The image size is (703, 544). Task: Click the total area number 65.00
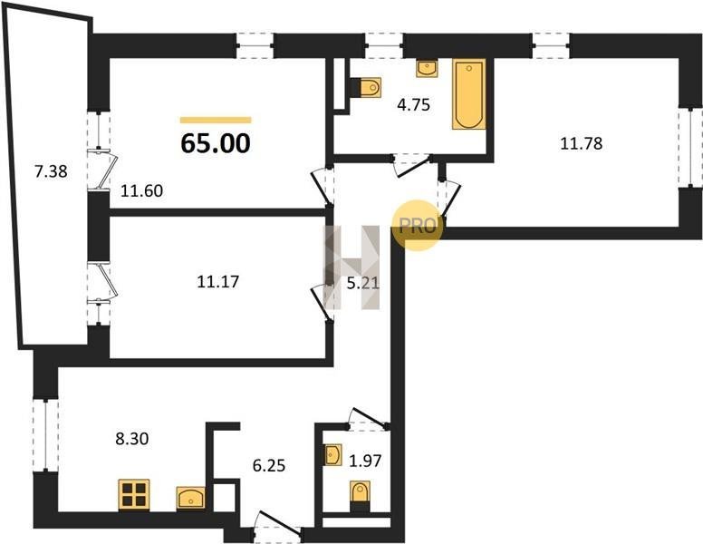[x=216, y=143]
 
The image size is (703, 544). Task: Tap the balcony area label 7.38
[x=51, y=171]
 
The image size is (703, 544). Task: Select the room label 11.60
[x=141, y=190]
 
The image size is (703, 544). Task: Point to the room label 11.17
[x=218, y=281]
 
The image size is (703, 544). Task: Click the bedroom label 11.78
[x=582, y=143]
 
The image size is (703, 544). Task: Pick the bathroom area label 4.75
[x=413, y=104]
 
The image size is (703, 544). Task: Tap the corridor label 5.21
[x=363, y=283]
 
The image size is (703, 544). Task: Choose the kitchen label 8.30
[x=132, y=439]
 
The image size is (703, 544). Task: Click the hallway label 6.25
[x=269, y=465]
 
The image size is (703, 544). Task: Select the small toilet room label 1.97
[x=365, y=461]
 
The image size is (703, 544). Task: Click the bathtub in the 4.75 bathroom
[x=468, y=94]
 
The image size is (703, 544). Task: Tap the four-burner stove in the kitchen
[x=134, y=495]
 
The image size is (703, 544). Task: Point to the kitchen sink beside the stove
[x=190, y=498]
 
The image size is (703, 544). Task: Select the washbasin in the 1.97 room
[x=333, y=454]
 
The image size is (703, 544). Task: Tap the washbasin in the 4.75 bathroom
[x=428, y=69]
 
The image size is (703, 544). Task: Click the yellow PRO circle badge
[x=417, y=226]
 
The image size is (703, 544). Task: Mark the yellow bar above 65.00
[x=216, y=120]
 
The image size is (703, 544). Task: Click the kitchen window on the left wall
[x=45, y=435]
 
